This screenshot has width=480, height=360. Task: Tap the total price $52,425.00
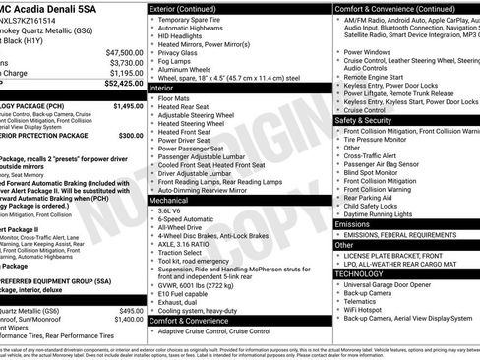click(123, 84)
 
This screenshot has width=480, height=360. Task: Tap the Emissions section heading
click(355, 224)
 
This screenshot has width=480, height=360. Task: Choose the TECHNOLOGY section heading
click(361, 273)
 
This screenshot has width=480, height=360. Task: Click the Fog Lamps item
click(178, 61)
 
